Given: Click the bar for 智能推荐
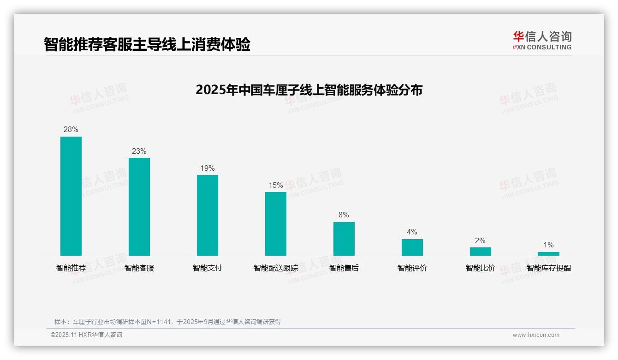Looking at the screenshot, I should click(71, 196).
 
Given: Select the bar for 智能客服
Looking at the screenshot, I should click(139, 206).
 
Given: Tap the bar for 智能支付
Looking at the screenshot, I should click(208, 215).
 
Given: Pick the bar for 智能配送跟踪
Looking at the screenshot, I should click(276, 223).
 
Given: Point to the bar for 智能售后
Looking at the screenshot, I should click(344, 239).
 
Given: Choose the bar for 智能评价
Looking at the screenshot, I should click(412, 247).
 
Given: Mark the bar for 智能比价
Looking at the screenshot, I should click(481, 252).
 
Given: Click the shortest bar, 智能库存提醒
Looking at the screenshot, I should click(548, 254).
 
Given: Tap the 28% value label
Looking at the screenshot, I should click(71, 130).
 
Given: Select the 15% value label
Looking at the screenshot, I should click(276, 185).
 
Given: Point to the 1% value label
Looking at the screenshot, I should click(548, 245).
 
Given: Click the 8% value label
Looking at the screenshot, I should click(344, 215).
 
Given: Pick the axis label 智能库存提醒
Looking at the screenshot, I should click(548, 268).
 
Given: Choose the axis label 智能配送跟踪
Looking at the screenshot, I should click(276, 268).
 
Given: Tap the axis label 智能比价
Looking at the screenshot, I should click(481, 268).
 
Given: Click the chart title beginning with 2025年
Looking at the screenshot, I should click(309, 90).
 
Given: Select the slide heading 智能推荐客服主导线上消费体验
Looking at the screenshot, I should click(147, 45).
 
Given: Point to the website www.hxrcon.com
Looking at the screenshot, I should click(536, 335).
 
